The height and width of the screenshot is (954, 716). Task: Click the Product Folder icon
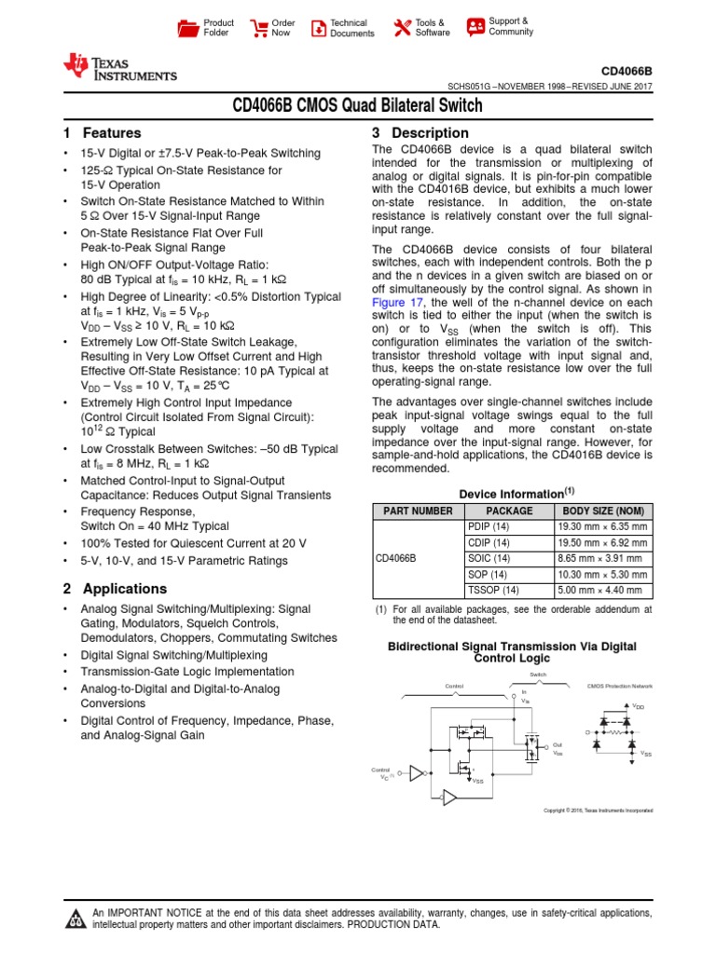(x=189, y=28)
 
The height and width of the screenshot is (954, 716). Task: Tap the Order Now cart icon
(x=257, y=28)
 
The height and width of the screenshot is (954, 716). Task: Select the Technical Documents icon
(x=319, y=28)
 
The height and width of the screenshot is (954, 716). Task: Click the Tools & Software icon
(x=403, y=28)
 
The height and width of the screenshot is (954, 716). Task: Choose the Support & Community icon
(x=475, y=26)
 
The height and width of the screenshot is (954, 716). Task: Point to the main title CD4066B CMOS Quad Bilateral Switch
(x=357, y=106)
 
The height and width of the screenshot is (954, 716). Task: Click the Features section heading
(x=102, y=133)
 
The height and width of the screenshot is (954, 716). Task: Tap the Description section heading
(x=420, y=133)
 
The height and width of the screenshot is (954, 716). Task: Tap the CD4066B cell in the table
(x=395, y=558)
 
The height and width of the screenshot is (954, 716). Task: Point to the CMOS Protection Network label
(x=620, y=686)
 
